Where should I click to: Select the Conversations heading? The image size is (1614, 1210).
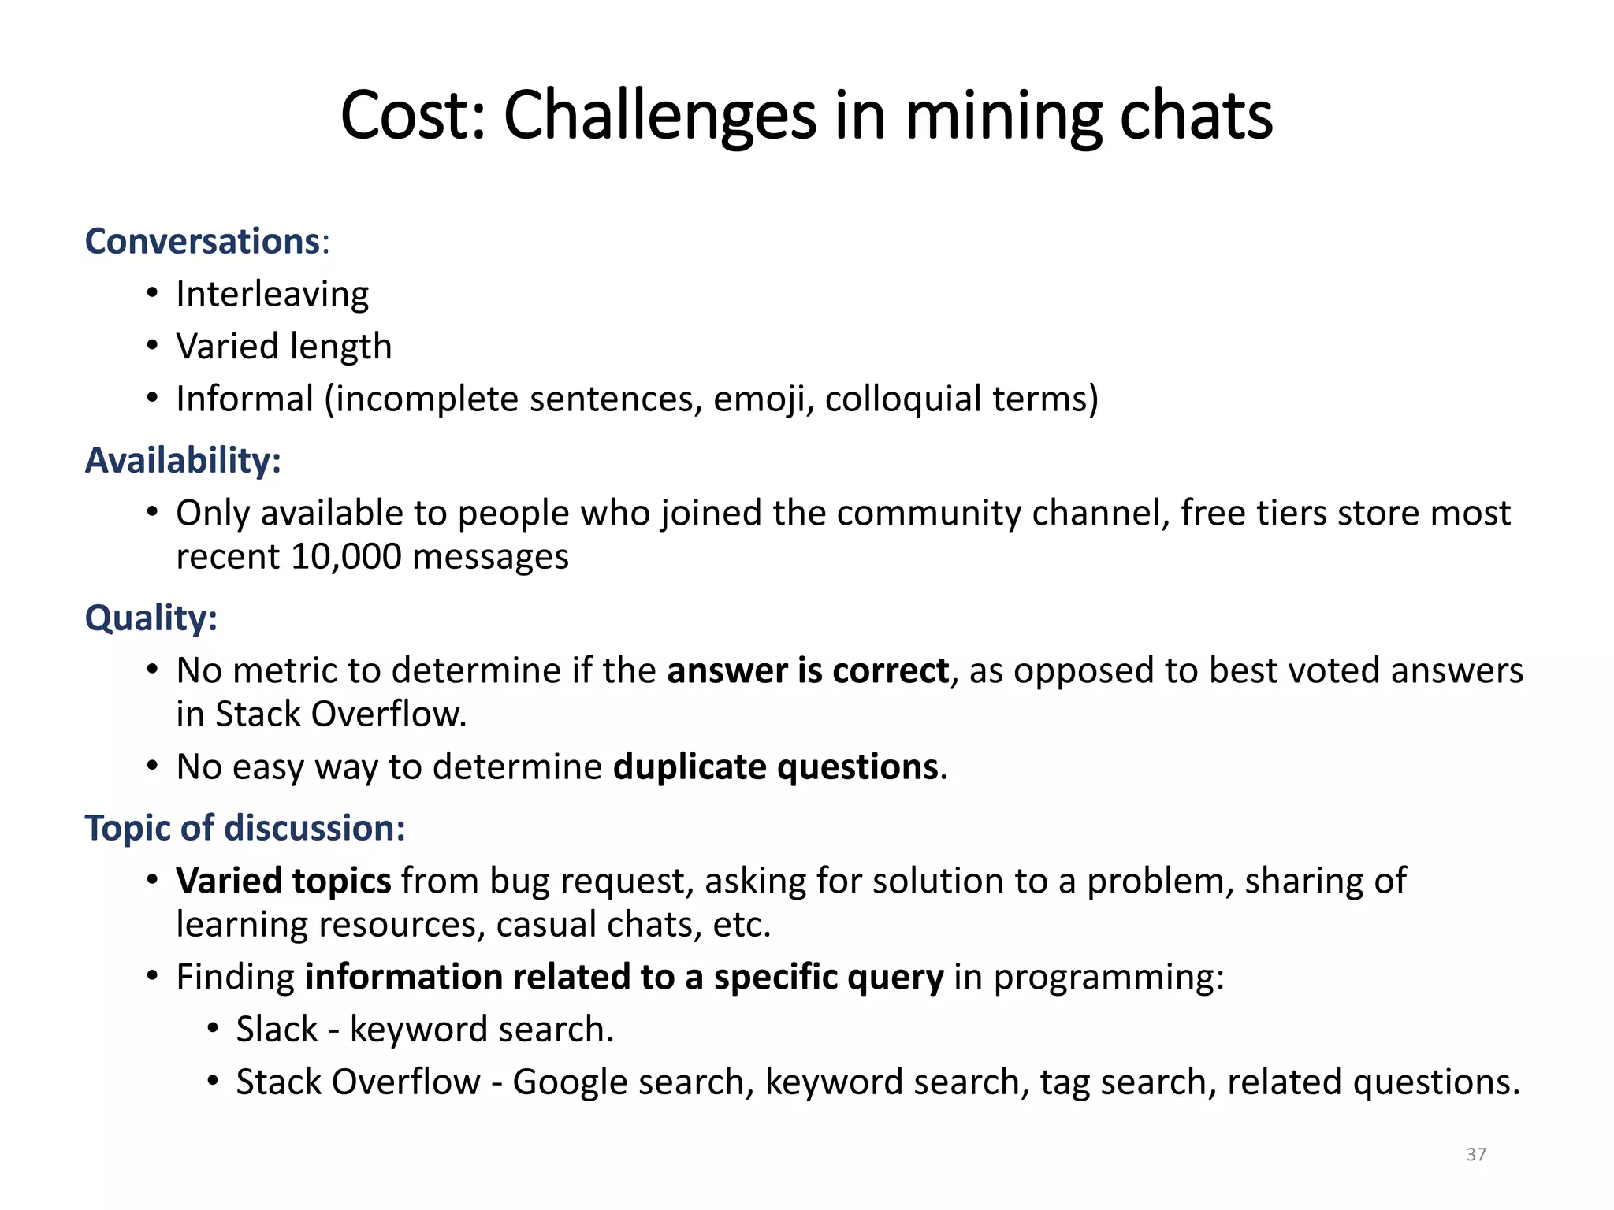tap(202, 241)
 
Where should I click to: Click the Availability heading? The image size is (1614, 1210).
tap(182, 460)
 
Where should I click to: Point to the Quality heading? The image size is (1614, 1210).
tap(151, 618)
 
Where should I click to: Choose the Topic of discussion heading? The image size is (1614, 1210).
tap(244, 828)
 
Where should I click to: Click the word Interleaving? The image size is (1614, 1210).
tap(272, 294)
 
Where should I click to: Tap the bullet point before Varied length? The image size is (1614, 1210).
tap(152, 346)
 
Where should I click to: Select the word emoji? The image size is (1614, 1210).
tap(763, 399)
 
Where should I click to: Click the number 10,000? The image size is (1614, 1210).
tap(346, 557)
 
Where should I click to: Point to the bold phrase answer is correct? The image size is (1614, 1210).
tap(808, 670)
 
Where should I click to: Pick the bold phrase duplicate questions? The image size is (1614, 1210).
tap(775, 767)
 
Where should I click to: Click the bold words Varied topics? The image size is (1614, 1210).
tap(283, 881)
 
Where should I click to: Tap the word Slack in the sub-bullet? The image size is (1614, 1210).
tap(277, 1030)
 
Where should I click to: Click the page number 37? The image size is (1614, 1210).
tap(1476, 1154)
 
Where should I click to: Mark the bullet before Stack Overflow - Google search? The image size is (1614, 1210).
tap(213, 1082)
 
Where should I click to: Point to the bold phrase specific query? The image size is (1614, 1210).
tap(828, 977)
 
